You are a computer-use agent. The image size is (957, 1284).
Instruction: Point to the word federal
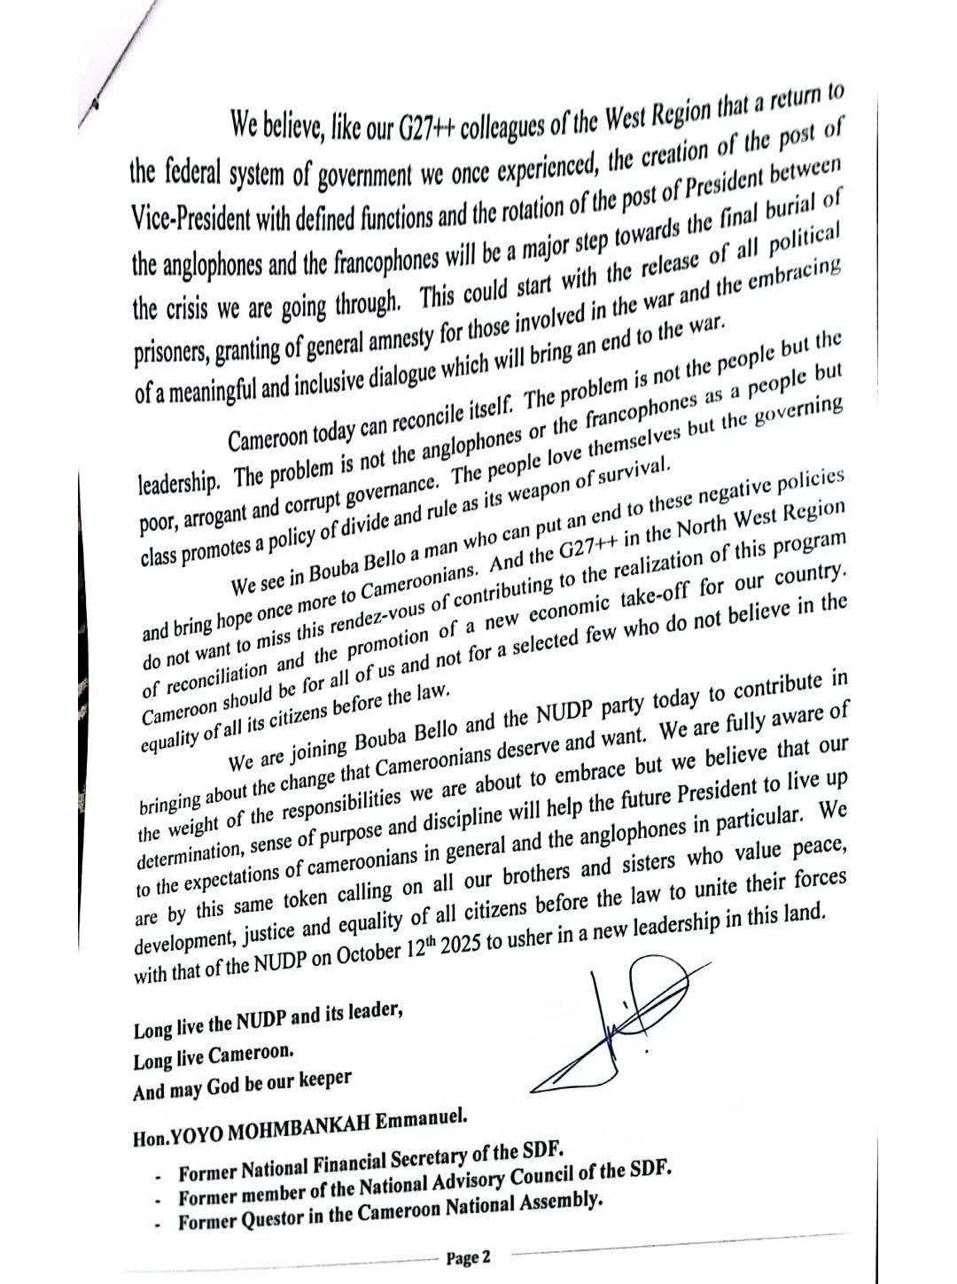pos(185,178)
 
